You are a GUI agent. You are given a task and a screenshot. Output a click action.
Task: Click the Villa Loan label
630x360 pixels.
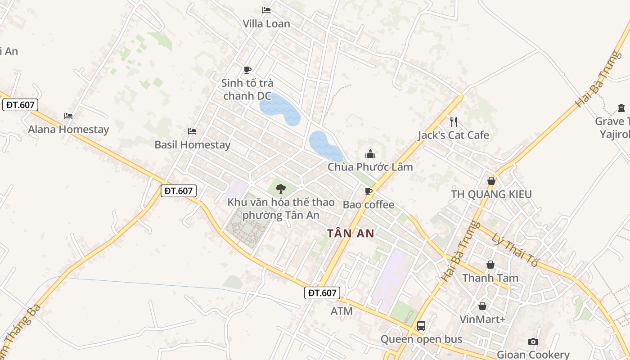266,23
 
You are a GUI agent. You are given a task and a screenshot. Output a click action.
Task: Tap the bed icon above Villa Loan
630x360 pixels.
266,10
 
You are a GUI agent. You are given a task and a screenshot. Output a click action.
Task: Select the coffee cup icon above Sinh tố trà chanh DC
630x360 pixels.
247,70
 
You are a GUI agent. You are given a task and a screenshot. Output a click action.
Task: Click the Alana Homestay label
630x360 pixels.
68,130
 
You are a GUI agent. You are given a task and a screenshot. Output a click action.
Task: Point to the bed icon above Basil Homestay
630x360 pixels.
192,131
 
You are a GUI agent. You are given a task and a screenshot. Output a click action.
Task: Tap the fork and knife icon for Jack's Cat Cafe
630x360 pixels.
454,121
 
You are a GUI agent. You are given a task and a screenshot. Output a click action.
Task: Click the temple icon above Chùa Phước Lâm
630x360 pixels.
370,154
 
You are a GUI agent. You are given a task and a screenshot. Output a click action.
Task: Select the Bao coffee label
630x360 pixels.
369,205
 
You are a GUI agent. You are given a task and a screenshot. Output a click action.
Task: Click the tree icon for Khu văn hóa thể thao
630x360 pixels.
281,189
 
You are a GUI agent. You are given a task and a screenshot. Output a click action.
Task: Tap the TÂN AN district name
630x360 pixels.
351,234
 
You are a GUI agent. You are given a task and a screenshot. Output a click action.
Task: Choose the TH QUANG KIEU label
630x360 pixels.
491,194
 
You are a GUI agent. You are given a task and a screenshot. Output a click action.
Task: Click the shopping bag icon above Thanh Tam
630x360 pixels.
490,265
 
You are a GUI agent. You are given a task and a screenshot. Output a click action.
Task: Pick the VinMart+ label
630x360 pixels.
483,319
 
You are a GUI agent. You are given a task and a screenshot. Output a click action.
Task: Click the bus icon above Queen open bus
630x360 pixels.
421,325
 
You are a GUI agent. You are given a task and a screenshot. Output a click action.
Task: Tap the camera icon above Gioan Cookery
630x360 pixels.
533,342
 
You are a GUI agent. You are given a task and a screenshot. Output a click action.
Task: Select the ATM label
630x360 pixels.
342,311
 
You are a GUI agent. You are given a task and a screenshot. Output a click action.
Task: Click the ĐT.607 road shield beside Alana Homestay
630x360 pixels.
20,105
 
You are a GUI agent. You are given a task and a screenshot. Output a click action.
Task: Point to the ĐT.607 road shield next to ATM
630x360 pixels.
322,293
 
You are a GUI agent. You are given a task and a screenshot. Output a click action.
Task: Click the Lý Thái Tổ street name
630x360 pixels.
515,250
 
